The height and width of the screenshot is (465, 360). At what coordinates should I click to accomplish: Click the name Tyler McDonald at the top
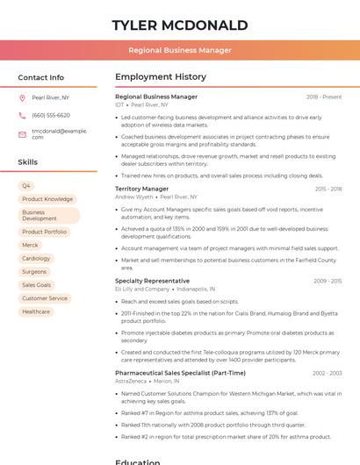coord(179,25)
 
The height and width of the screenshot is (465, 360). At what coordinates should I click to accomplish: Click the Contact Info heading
coord(41,77)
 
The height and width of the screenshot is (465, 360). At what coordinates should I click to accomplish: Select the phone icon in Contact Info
coord(22,115)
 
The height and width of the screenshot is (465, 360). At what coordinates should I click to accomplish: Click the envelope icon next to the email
coord(22,133)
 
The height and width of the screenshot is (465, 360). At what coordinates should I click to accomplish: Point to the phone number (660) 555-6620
coord(51,115)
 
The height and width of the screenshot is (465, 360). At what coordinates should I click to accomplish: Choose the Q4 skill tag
coord(26,186)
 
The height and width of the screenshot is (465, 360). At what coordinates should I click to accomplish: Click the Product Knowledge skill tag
coord(47,199)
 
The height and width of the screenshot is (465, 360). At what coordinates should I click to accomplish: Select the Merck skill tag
coord(30,246)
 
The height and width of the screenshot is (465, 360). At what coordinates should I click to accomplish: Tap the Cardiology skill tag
coord(36,259)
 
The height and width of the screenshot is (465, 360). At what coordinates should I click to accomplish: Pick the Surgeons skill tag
coord(34,272)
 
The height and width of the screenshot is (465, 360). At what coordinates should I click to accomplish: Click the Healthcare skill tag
coord(36,311)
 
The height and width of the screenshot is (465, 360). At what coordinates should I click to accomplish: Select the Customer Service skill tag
coord(45,298)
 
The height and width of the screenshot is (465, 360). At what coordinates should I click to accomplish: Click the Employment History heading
coord(161,77)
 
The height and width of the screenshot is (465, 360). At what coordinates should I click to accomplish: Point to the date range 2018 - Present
coord(324,97)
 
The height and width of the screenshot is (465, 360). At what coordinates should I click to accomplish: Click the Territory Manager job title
coord(141,189)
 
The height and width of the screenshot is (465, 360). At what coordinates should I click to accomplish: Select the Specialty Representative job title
coord(152,281)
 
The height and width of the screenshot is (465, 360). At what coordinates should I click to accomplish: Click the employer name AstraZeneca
coord(131,381)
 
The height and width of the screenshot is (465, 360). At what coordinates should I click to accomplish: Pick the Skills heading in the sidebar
coord(28,162)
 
